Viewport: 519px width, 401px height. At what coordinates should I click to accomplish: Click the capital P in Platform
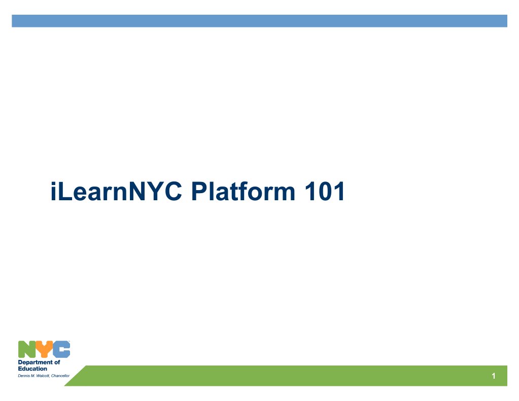tap(197, 193)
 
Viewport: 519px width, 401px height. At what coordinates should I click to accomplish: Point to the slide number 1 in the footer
tap(493, 376)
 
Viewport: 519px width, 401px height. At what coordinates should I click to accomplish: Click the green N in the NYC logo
tap(27, 349)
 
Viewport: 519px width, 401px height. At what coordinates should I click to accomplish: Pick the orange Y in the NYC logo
tap(44, 349)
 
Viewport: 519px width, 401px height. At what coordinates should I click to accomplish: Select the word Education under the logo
tap(32, 369)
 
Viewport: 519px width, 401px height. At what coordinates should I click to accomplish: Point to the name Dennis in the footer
tap(24, 375)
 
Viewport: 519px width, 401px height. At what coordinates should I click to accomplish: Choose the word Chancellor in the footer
tap(60, 375)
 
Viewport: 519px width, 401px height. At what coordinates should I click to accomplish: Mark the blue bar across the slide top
tap(259, 21)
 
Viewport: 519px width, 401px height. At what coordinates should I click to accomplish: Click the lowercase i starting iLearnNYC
tap(53, 193)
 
